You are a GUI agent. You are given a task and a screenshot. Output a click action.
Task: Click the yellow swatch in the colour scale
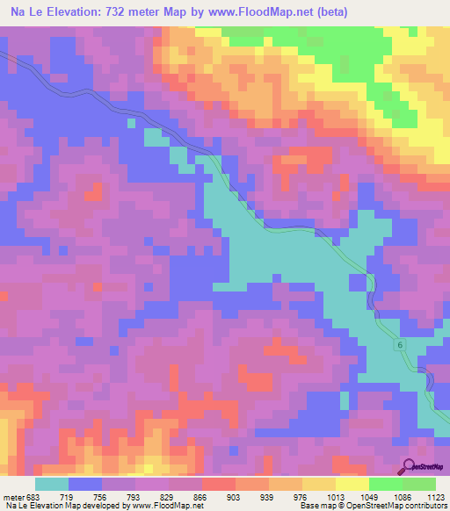tap(352, 485)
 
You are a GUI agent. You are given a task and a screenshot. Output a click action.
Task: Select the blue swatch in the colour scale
tap(85, 485)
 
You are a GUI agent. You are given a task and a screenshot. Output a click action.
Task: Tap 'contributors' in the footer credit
tap(424, 505)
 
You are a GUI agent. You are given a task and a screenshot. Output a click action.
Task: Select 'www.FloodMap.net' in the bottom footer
tap(166, 505)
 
